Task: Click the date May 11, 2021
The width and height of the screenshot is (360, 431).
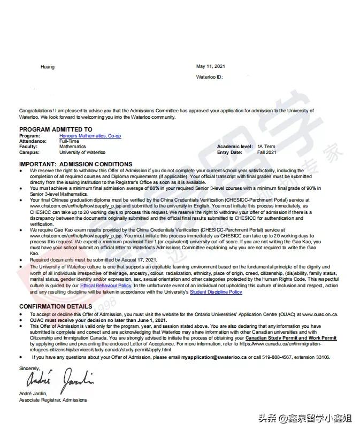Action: click(211, 66)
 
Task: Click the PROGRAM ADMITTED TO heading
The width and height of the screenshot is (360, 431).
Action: click(56, 129)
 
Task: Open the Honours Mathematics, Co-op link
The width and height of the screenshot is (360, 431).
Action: click(90, 136)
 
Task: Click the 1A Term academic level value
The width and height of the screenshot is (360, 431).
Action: click(266, 147)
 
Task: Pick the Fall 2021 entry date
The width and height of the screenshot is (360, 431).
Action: click(267, 152)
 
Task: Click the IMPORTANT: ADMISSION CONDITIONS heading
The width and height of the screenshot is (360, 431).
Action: click(75, 164)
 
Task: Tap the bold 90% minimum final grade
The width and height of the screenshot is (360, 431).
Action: click(310, 188)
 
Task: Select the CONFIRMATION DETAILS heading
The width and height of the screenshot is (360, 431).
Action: click(56, 306)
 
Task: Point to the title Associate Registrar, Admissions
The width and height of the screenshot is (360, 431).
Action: click(52, 400)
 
